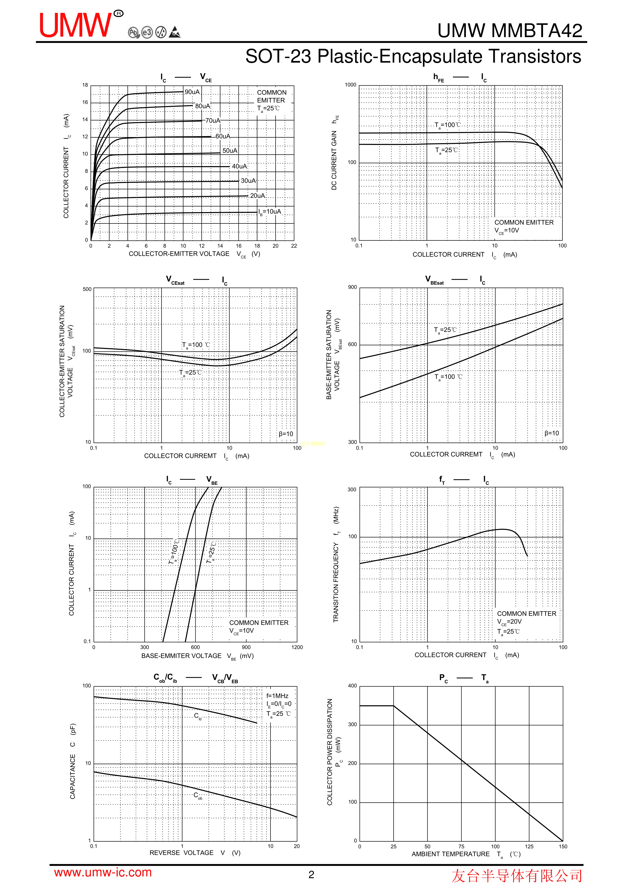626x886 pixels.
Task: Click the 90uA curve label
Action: tap(192, 92)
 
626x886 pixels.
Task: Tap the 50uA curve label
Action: tap(230, 150)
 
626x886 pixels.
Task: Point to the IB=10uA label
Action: tap(270, 212)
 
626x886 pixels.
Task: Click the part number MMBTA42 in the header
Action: tap(536, 31)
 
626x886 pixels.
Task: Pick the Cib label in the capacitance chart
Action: tap(198, 716)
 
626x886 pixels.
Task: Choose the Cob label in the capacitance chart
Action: tap(198, 795)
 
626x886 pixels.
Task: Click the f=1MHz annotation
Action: tap(277, 696)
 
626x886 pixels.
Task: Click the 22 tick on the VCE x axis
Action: tap(294, 246)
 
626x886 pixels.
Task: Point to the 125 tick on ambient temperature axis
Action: tap(529, 847)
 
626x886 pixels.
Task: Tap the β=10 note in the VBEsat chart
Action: tap(552, 433)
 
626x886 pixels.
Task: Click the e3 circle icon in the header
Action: tap(147, 32)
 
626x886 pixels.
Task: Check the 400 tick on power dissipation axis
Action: tap(352, 686)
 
